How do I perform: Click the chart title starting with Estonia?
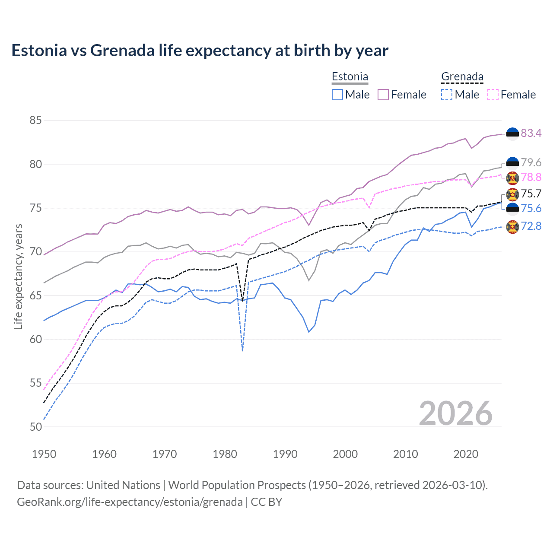(200, 51)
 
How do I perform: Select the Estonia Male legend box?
(337, 95)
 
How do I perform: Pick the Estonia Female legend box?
(383, 95)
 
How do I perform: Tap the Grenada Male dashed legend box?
(447, 95)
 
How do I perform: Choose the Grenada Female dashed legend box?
(493, 95)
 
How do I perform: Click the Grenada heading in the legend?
(462, 77)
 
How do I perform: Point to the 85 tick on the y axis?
(35, 120)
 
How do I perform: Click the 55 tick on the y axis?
(35, 383)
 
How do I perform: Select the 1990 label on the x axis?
(285, 454)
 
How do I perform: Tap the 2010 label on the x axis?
(405, 454)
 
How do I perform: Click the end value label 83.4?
(531, 133)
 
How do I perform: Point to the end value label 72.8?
(531, 226)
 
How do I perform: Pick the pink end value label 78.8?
(531, 177)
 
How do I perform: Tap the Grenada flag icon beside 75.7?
(512, 194)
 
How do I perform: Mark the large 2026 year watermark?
(455, 413)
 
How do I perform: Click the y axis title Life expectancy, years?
(18, 276)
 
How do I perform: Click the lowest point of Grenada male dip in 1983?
(242, 350)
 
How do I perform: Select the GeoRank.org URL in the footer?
(130, 502)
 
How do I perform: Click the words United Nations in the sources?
(123, 485)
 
